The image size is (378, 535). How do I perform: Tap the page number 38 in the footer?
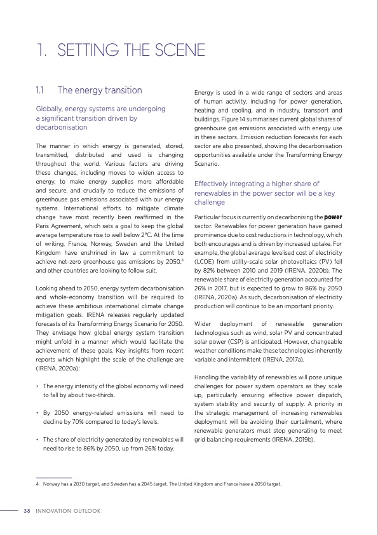pyautogui.click(x=27, y=511)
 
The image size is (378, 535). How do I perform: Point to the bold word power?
pyautogui.click(x=333, y=217)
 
